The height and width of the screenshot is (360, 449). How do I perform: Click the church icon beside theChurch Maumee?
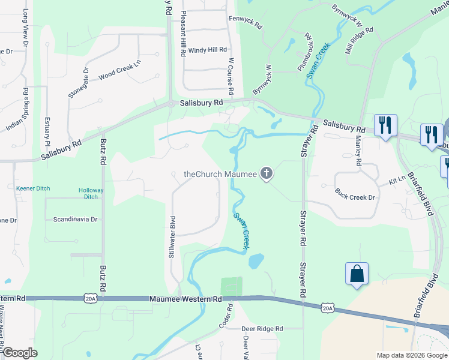[267, 175]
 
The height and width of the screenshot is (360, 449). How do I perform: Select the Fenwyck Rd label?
[246, 22]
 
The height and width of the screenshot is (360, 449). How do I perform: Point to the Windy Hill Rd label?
[208, 50]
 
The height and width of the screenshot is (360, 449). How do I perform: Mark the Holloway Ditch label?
[91, 193]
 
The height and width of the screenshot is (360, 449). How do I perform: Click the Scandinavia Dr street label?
[75, 220]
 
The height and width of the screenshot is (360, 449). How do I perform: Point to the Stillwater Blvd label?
[172, 237]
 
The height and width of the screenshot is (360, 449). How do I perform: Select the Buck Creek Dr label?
[355, 197]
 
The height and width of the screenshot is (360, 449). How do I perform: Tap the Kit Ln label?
[397, 180]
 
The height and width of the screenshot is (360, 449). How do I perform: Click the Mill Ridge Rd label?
[359, 40]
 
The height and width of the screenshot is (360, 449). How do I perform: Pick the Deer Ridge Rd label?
[262, 329]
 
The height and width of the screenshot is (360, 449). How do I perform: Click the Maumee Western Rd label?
[185, 298]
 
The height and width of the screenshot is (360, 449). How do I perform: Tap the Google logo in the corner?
[20, 352]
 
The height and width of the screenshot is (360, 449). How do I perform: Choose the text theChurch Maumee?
[220, 175]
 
